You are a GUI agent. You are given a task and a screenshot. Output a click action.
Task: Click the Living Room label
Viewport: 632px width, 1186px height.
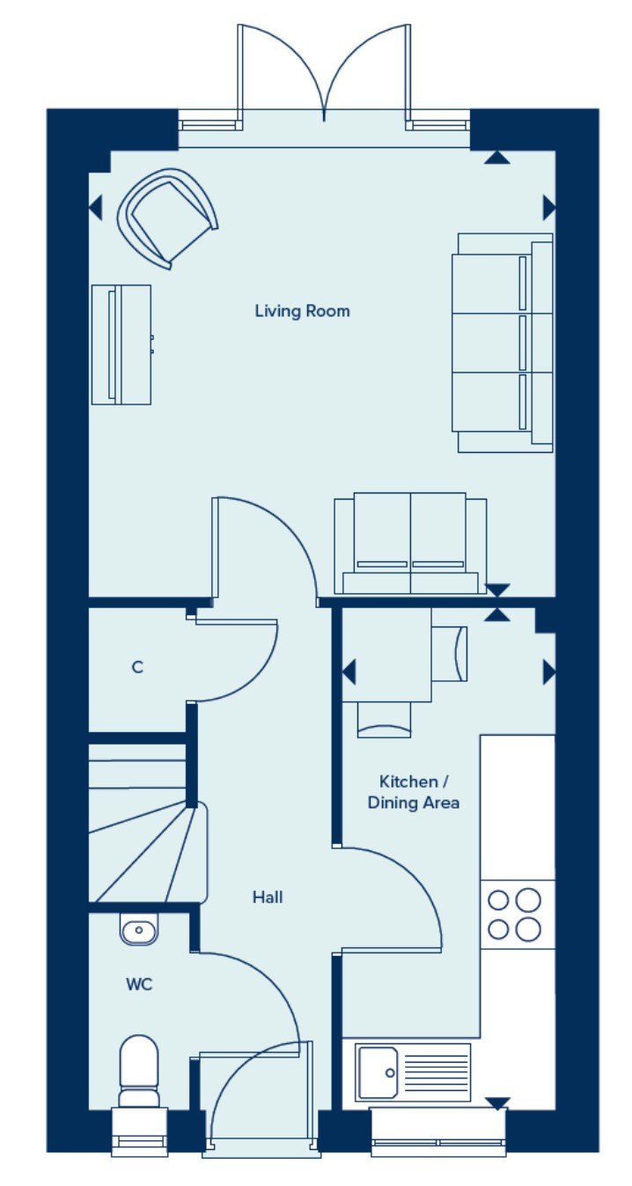click(302, 311)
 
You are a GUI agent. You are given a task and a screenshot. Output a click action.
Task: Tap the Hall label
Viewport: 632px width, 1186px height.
click(268, 897)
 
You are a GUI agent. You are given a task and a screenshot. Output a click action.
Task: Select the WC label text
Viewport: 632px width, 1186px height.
click(139, 984)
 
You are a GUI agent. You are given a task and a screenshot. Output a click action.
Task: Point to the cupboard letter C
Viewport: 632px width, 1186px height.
click(137, 667)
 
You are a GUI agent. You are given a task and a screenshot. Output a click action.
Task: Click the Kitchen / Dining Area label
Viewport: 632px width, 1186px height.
click(414, 792)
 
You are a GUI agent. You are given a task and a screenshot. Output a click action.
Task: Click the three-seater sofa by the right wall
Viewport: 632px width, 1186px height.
click(503, 343)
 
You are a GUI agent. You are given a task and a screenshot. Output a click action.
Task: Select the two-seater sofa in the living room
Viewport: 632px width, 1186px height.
click(410, 544)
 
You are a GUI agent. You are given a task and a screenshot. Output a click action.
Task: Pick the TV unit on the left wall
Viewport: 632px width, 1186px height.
click(121, 345)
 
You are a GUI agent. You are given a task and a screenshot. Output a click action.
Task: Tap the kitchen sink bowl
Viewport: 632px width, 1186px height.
click(378, 1073)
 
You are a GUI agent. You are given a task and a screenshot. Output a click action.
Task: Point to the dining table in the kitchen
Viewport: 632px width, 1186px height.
click(386, 655)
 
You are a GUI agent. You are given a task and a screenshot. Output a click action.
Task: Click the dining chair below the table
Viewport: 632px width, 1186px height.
click(384, 720)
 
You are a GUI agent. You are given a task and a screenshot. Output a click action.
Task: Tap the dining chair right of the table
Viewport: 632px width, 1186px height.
click(450, 654)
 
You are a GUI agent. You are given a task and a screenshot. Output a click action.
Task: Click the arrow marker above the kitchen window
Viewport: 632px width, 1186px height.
click(497, 1103)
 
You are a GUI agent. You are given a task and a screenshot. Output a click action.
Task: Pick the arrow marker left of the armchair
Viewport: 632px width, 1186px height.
click(95, 208)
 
